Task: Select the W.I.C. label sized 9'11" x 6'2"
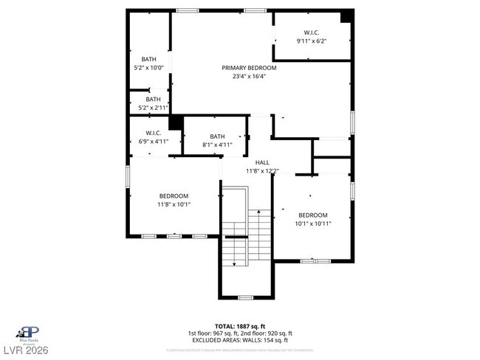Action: point(312,32)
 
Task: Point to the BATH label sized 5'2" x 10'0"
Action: point(149,59)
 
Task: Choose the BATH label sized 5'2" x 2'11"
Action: point(152,100)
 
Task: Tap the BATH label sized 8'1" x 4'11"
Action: point(217,136)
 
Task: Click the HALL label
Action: point(262,162)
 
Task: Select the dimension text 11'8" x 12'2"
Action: point(262,171)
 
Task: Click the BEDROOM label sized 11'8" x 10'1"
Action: point(173,195)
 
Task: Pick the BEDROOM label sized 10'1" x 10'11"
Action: point(312,215)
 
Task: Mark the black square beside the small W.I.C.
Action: point(176,122)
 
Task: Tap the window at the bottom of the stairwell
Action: point(245,297)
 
